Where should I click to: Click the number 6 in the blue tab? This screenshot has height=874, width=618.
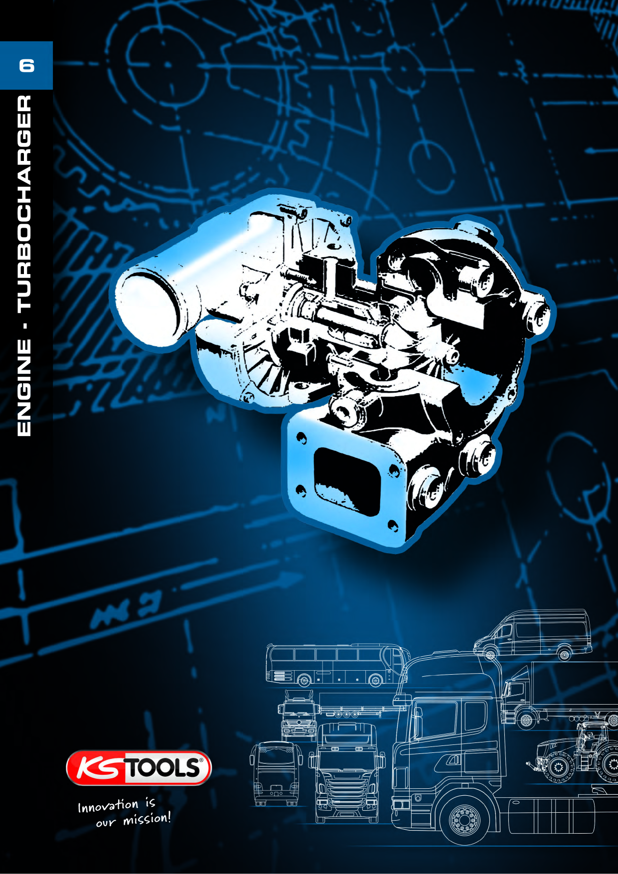point(26,66)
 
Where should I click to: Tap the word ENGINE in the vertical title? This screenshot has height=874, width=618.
point(24,388)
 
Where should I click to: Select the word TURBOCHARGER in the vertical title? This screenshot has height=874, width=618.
point(24,205)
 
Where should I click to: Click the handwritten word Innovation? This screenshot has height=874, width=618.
point(108,806)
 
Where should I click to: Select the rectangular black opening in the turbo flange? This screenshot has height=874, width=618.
point(346,481)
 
